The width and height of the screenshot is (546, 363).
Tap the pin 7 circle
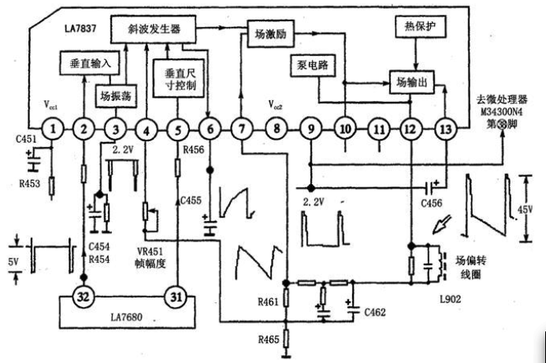pos(243,127)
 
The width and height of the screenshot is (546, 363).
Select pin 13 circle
pos(445,127)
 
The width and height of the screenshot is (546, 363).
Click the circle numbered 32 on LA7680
pos(84,297)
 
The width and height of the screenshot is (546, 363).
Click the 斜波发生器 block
pos(153,28)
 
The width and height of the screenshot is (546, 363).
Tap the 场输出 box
pos(411,80)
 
